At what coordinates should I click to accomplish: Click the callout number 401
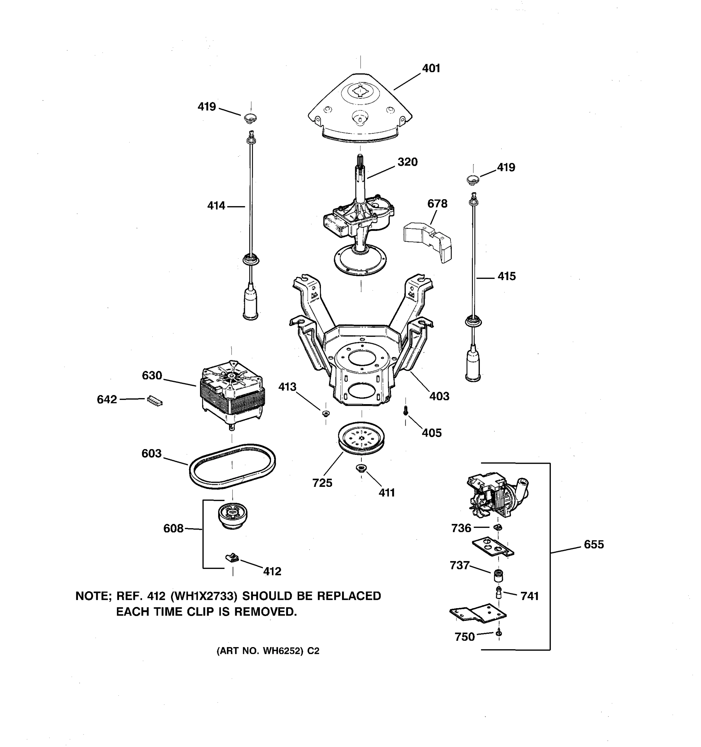pyautogui.click(x=431, y=68)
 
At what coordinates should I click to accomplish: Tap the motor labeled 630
pyautogui.click(x=232, y=393)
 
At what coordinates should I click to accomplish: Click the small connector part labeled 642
pyautogui.click(x=155, y=401)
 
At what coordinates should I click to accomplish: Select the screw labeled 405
pyautogui.click(x=405, y=411)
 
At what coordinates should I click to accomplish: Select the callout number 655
pyautogui.click(x=594, y=544)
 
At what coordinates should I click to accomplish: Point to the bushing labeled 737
pyautogui.click(x=498, y=575)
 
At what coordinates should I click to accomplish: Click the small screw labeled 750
pyautogui.click(x=499, y=633)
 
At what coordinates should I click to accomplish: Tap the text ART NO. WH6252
pyautogui.click(x=260, y=651)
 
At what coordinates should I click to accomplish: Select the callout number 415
pyautogui.click(x=506, y=277)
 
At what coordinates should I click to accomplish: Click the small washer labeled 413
pyautogui.click(x=326, y=414)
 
